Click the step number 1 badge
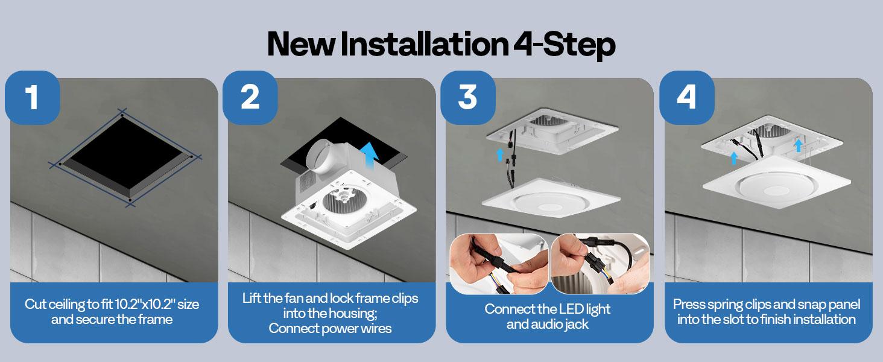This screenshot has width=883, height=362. click(32, 98)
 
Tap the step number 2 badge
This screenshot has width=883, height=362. click(250, 98)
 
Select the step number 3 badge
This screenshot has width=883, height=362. click(468, 98)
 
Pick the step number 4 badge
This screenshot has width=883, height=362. click(686, 98)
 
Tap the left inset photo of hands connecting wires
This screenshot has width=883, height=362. click(499, 264)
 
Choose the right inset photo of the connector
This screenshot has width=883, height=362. click(600, 264)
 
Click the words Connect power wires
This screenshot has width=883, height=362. click(330, 329)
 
